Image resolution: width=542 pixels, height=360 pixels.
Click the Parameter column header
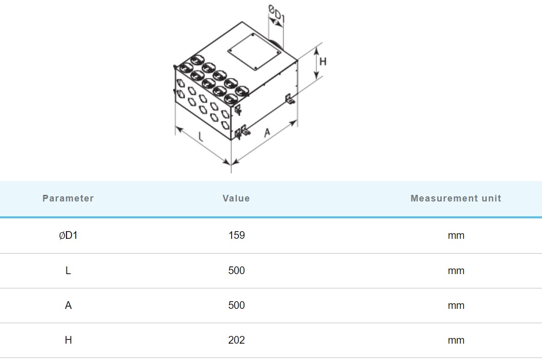pyautogui.click(x=68, y=198)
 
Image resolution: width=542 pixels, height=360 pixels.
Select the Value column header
pyautogui.click(x=236, y=198)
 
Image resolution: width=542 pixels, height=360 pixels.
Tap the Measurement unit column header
pyautogui.click(x=456, y=198)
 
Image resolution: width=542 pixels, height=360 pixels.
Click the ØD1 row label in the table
pyautogui.click(x=68, y=235)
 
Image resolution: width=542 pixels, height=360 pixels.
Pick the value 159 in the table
pyautogui.click(x=236, y=235)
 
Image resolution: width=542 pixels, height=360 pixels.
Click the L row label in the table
pyautogui.click(x=68, y=271)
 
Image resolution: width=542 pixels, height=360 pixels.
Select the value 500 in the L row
pyautogui.click(x=236, y=271)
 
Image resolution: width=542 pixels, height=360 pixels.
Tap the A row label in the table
pyautogui.click(x=68, y=305)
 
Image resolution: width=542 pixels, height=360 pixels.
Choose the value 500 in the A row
pyautogui.click(x=236, y=305)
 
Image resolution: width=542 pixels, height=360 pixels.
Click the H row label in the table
pyautogui.click(x=68, y=340)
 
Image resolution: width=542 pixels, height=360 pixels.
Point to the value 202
pyautogui.click(x=236, y=340)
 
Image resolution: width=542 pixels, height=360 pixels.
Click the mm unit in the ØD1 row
pyautogui.click(x=456, y=235)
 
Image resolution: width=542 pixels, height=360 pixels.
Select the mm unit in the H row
pyautogui.click(x=456, y=340)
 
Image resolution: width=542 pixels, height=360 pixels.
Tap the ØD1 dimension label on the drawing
pyautogui.click(x=277, y=15)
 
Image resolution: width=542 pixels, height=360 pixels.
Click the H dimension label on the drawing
pyautogui.click(x=323, y=62)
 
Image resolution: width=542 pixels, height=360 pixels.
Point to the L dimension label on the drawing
pyautogui.click(x=200, y=137)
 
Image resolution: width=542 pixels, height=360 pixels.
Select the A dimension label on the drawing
pyautogui.click(x=267, y=133)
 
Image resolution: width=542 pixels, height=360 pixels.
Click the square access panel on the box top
pyautogui.click(x=252, y=52)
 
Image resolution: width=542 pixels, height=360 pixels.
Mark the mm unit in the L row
pyautogui.click(x=456, y=271)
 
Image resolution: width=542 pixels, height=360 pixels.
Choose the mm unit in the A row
pyautogui.click(x=456, y=305)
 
